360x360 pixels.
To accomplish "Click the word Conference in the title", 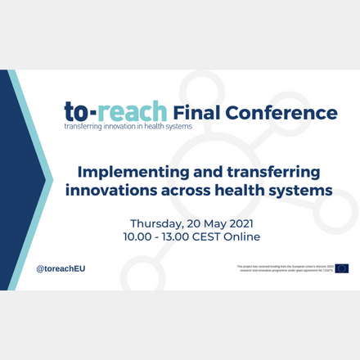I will [282, 111].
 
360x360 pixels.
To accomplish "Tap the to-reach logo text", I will [115, 111].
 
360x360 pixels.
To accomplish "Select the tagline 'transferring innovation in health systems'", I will [128, 127].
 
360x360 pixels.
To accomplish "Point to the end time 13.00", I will [182, 237].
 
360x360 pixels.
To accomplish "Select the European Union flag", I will [341, 268].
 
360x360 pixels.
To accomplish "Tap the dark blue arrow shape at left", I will [18, 180].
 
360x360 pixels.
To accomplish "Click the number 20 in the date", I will [204, 223].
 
